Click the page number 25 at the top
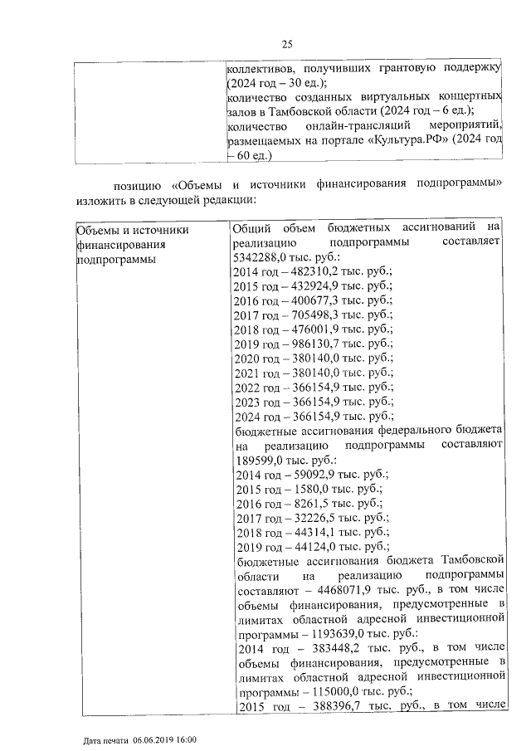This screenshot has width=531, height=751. tap(288, 44)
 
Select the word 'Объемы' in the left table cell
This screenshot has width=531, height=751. tap(96, 229)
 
